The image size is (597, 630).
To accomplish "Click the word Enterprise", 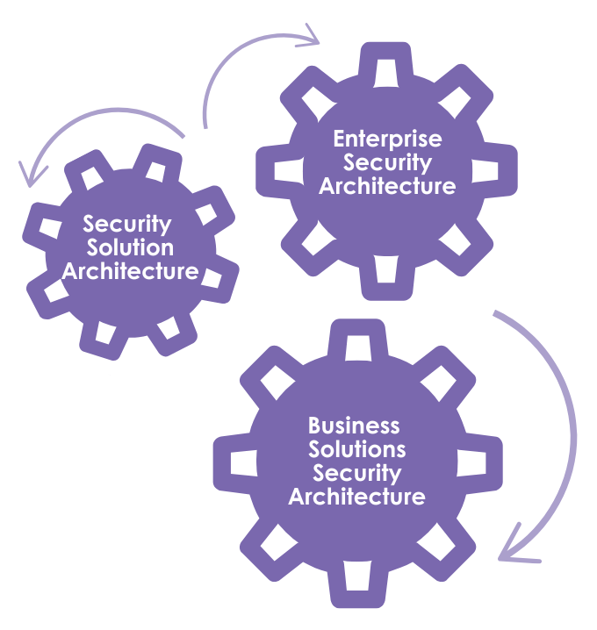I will (387, 139).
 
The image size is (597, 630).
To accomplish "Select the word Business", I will (354, 426).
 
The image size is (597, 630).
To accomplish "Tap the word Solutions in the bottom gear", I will (357, 450).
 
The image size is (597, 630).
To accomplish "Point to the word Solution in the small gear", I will (129, 247).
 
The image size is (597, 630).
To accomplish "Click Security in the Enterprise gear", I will (387, 162).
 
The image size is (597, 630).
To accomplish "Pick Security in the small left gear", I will (127, 224).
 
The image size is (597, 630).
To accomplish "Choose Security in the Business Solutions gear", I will (357, 474).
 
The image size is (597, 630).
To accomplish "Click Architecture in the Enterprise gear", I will (387, 186).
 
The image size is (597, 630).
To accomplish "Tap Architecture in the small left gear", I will (130, 271).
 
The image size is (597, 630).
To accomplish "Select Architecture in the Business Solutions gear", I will (357, 498).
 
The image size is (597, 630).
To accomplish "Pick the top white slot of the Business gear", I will (358, 348).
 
